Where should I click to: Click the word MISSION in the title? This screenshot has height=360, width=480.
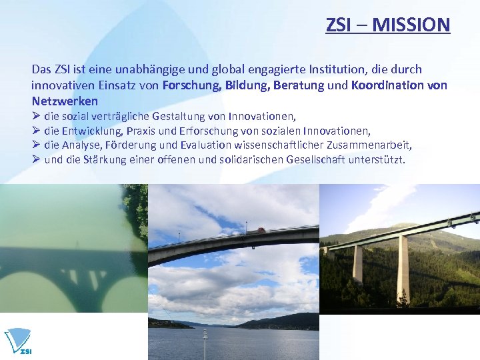coord(411,25)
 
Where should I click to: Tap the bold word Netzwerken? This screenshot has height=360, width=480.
coord(65,101)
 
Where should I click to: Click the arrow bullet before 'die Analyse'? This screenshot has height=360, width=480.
coord(37,145)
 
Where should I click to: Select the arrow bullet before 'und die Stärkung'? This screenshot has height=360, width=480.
coord(37,160)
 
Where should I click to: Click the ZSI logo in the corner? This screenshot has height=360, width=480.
coord(19,342)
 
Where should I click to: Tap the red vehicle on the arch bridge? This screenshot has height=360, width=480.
coord(261,230)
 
